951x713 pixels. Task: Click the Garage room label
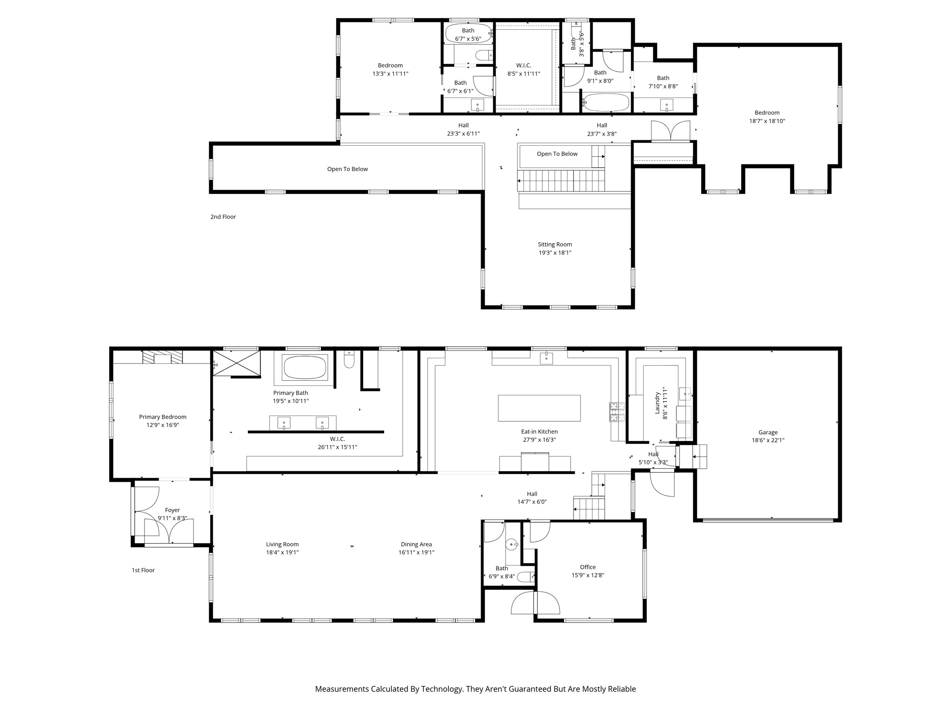tap(768, 432)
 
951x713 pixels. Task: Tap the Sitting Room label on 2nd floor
tap(555, 244)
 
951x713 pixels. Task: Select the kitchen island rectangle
tap(539, 408)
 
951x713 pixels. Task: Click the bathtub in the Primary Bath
tap(305, 368)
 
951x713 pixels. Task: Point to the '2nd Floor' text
tap(223, 217)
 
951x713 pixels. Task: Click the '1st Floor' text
tap(143, 570)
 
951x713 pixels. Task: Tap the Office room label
tap(588, 567)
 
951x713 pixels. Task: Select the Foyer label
tap(172, 510)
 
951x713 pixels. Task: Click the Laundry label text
tap(658, 403)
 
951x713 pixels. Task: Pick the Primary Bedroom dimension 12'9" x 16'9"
tap(163, 425)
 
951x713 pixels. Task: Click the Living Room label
tap(282, 544)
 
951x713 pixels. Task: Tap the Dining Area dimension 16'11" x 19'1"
tap(417, 552)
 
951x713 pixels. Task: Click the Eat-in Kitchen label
tap(539, 432)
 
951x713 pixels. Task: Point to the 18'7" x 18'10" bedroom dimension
tap(767, 121)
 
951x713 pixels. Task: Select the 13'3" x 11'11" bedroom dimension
tap(390, 73)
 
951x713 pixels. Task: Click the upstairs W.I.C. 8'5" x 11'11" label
tap(524, 70)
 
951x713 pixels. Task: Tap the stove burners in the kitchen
tap(617, 412)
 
